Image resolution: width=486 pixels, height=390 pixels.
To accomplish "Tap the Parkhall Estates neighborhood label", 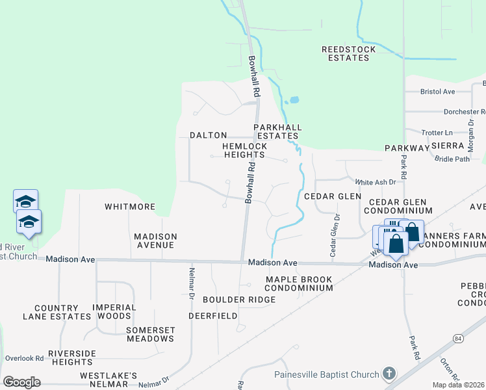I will tap(275, 132).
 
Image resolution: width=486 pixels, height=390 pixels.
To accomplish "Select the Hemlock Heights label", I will tap(244, 151).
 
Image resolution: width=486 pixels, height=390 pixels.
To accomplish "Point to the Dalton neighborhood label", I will tap(208, 135).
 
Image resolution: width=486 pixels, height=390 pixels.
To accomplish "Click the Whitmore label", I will tap(130, 207).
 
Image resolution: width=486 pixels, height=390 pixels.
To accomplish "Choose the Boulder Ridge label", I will tap(239, 300).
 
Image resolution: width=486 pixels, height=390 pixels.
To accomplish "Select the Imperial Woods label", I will tap(114, 311).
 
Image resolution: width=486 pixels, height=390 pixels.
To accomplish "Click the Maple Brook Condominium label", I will tap(299, 283).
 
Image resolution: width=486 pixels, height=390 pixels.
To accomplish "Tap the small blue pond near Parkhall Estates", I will tap(294, 101).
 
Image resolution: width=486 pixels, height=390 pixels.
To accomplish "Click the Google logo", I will tap(21, 382).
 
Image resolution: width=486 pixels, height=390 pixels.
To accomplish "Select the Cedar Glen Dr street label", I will tap(335, 235).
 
